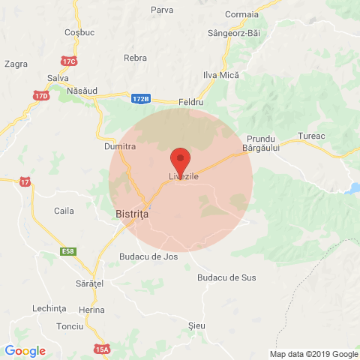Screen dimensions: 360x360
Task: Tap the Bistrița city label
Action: point(133,214)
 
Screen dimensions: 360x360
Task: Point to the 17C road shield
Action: point(70,61)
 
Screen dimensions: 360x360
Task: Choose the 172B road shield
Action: point(140,98)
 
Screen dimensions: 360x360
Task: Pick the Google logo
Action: point(25,350)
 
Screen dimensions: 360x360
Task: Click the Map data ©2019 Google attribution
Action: point(314,354)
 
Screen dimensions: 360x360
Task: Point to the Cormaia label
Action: point(240,14)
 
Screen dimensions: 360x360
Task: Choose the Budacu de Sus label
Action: point(226,277)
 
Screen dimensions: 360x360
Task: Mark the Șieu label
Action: point(197,325)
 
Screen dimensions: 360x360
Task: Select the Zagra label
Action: point(16,64)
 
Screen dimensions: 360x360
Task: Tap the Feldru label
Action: point(193,101)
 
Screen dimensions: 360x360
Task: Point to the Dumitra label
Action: point(119,147)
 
